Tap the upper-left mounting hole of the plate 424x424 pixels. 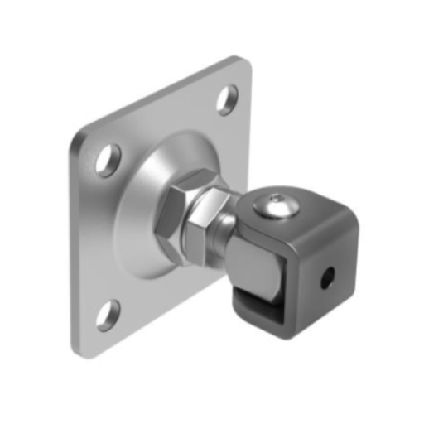tap(108, 159)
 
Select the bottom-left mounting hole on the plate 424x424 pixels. tap(108, 315)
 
